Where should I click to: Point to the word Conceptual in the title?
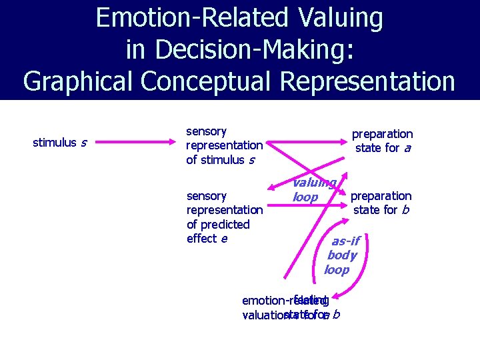pyautogui.click(x=207, y=81)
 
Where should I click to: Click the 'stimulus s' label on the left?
pyautogui.click(x=59, y=142)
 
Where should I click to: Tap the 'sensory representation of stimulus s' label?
pyautogui.click(x=224, y=145)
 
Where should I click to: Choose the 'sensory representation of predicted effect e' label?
pyautogui.click(x=224, y=217)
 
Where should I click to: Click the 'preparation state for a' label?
pyautogui.click(x=382, y=141)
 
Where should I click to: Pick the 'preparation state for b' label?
pyautogui.click(x=381, y=203)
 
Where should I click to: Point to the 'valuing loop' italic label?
pyautogui.click(x=313, y=189)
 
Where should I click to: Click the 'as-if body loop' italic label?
pyautogui.click(x=341, y=255)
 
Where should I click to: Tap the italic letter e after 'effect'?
pyautogui.click(x=224, y=239)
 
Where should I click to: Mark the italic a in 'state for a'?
pyautogui.click(x=407, y=148)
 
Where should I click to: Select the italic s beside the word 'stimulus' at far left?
pyautogui.click(x=83, y=142)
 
